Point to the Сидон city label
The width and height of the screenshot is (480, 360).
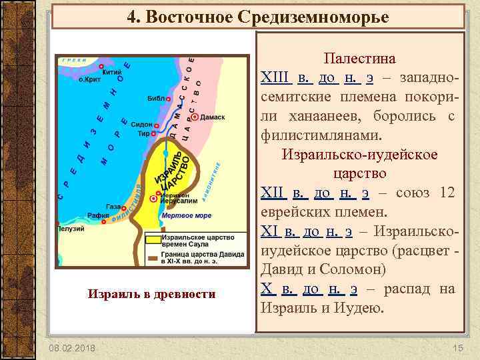pos(142,125)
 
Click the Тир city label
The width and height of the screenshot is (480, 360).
pos(143,133)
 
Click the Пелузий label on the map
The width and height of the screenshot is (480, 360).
pos(71,229)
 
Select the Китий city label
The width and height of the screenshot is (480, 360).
pos(112,71)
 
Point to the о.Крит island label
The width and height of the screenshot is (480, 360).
pos(91,79)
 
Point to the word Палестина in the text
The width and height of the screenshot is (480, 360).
pos(359,59)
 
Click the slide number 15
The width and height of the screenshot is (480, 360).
pos(457,349)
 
